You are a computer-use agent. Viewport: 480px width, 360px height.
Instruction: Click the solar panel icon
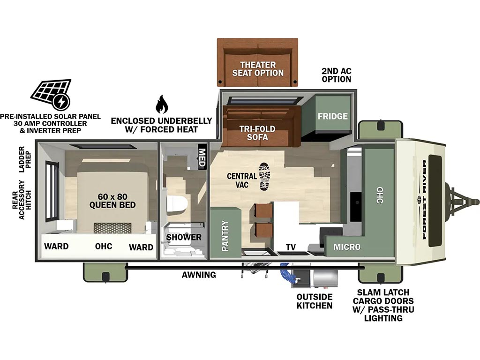(51, 95)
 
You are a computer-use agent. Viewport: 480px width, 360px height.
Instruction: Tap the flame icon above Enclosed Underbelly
(161, 104)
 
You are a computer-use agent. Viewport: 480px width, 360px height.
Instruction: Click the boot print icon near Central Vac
(264, 177)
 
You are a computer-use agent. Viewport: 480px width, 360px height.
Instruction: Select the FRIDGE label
(332, 116)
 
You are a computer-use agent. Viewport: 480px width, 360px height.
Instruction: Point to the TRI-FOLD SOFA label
(257, 133)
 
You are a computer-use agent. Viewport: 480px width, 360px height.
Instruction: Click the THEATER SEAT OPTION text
(258, 69)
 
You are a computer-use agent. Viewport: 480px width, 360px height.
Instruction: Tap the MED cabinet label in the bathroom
(202, 157)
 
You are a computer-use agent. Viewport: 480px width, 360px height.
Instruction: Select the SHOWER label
(184, 237)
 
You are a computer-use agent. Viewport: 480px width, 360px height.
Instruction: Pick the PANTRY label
(225, 236)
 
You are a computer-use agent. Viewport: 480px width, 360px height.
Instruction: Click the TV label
(291, 247)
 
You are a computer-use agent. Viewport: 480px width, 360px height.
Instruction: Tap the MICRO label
(347, 247)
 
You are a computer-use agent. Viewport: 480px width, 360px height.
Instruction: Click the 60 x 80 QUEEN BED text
(112, 201)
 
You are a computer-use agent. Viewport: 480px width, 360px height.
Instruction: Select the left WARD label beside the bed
(56, 246)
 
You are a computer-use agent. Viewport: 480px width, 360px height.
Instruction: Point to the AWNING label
(199, 275)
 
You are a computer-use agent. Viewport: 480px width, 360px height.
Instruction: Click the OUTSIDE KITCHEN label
(315, 301)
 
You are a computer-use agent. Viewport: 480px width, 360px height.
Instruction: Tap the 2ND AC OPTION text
(337, 75)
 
